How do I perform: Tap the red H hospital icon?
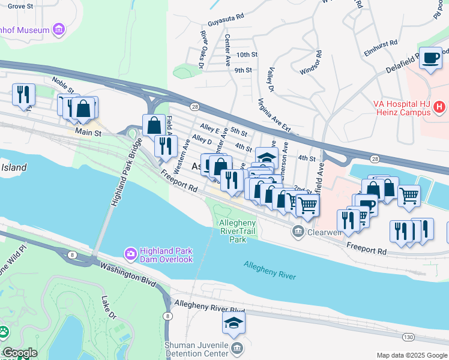pyautogui.click(x=439, y=107)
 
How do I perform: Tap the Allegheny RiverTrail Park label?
pyautogui.click(x=238, y=231)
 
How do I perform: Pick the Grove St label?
pyautogui.click(x=20, y=6)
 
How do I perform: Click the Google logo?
pyautogui.click(x=20, y=353)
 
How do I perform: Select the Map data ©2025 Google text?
pyautogui.click(x=412, y=355)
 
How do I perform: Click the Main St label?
pyautogui.click(x=87, y=130)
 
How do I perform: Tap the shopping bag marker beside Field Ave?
pyautogui.click(x=154, y=125)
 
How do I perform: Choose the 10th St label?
pyautogui.click(x=247, y=55)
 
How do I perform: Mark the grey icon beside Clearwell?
pyautogui.click(x=297, y=232)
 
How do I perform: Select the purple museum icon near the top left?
pyautogui.click(x=58, y=28)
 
